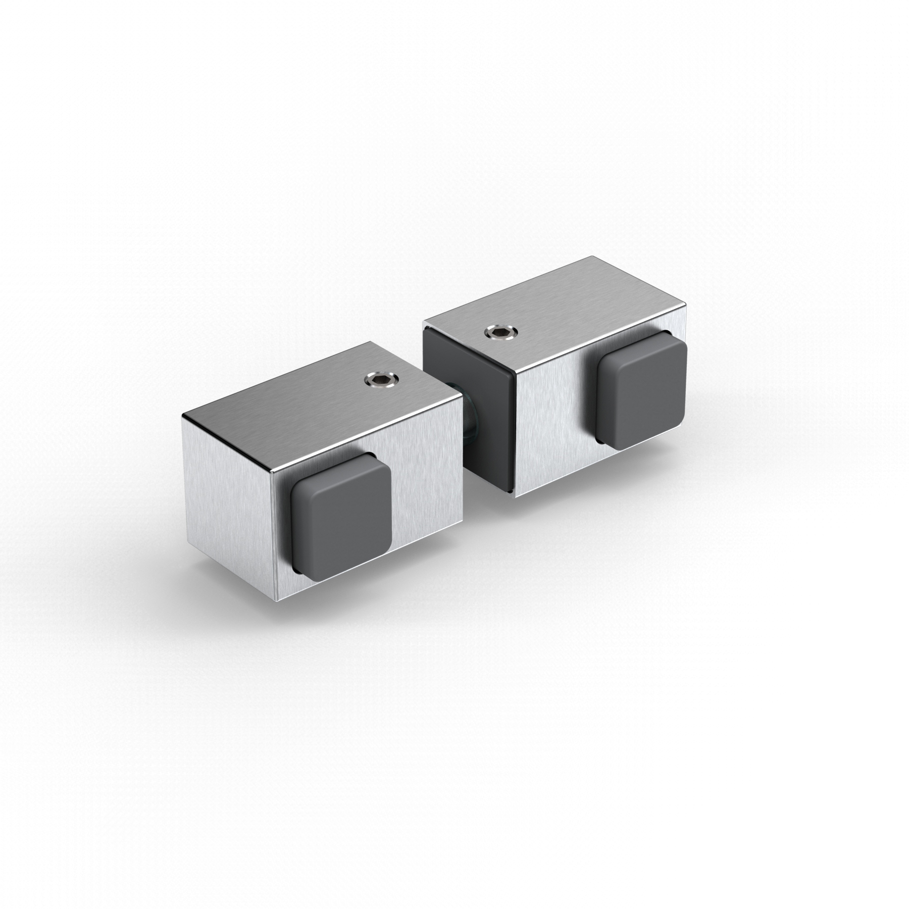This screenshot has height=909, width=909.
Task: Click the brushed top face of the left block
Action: click(313, 399)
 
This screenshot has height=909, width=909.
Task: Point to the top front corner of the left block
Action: click(273, 470)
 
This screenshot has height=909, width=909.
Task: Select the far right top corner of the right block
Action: click(686, 304)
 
